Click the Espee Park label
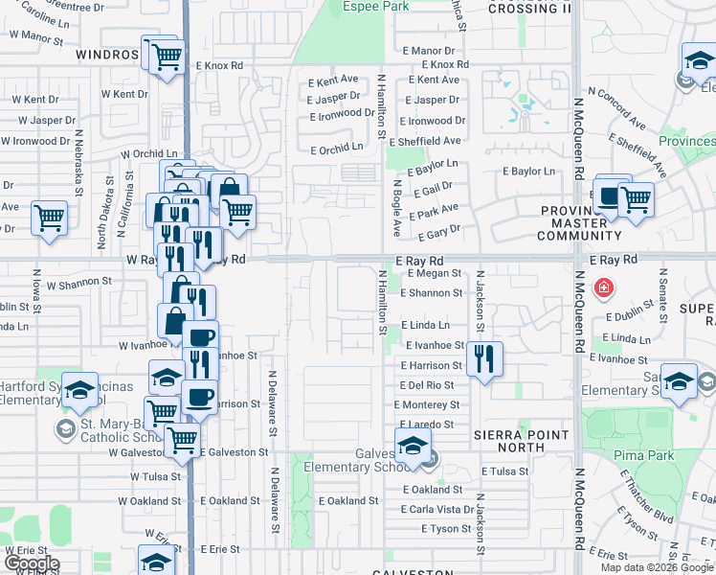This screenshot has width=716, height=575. coord(369,7)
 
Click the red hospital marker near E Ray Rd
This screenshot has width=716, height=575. coord(604,287)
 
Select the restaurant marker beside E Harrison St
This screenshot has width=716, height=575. coord(484,360)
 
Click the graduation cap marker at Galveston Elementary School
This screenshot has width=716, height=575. coord(413,447)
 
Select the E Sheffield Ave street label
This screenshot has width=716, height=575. coord(427,141)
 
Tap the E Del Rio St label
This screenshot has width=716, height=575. coord(427,385)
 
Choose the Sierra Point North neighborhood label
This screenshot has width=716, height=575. coord(523,442)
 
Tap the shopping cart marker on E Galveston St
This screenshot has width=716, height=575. coord(181,441)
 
